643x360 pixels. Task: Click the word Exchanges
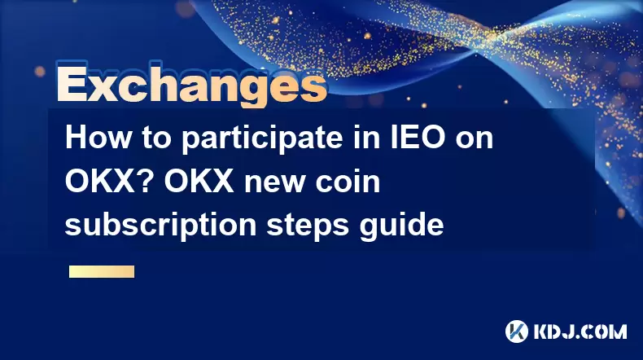pos(192,84)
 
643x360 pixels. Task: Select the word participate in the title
pos(262,139)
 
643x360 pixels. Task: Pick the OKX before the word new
pos(199,181)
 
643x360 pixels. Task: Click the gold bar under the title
pos(102,271)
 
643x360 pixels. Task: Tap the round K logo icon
pos(517,331)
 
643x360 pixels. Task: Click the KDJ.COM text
pos(580,331)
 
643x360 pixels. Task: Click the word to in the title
pos(157,139)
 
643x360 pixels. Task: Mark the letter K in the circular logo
pos(517,331)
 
